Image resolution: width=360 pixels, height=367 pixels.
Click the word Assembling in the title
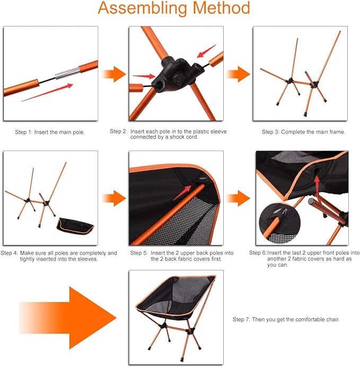[142, 8]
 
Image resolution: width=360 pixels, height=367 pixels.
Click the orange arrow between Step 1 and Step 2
[113, 74]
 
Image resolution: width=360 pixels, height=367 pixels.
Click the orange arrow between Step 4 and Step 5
[113, 198]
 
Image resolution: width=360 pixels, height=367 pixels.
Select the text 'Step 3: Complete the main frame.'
[303, 131]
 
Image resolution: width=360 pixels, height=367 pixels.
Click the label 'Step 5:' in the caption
[141, 253]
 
